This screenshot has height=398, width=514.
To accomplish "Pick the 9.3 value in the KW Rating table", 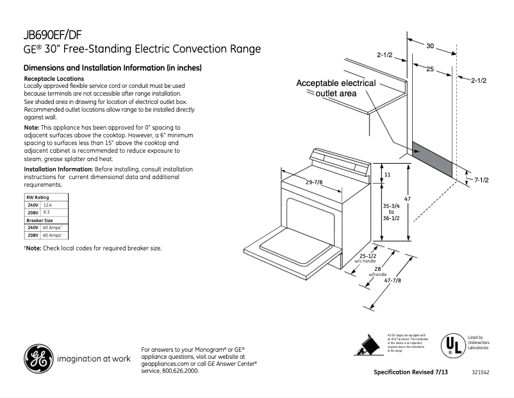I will click(46, 212).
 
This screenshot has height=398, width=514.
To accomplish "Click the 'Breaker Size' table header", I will click(39, 220).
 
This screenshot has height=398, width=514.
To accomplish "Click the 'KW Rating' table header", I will click(37, 197).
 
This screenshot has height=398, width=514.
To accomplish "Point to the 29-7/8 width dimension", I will click(314, 183).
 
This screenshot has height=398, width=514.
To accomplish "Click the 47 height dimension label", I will click(407, 200).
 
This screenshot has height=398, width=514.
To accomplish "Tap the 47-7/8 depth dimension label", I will click(393, 281).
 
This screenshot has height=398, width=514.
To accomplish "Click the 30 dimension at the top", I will click(430, 46).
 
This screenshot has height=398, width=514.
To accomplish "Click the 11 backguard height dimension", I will click(388, 175).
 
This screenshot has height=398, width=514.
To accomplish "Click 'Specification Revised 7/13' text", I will click(411, 373).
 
